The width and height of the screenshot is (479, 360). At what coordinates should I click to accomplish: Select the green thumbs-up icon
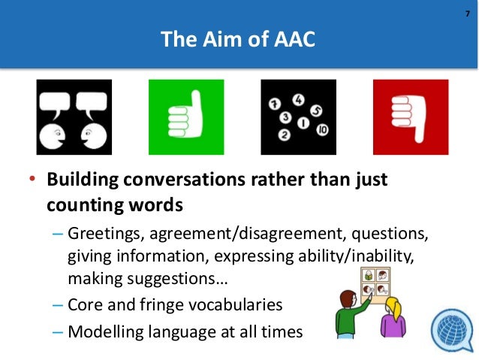186,116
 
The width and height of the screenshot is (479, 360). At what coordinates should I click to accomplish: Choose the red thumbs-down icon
411,116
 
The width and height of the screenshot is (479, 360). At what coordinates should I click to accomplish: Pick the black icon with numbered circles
298,116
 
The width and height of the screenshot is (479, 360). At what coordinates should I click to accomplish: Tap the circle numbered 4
299,98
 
